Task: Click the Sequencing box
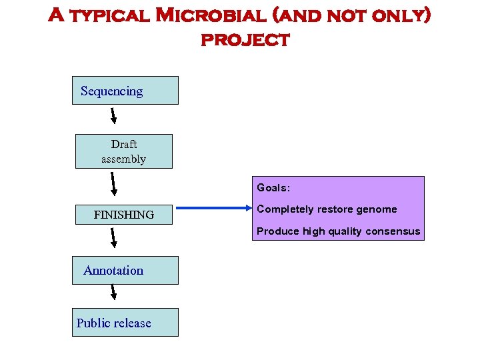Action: point(125,91)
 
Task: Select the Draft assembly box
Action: point(123,151)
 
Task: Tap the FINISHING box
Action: point(123,214)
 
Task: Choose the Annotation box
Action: point(125,270)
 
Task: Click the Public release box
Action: point(125,323)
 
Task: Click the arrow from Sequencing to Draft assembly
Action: point(113,115)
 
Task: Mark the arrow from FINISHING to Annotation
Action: point(113,239)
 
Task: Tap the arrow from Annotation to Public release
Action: point(113,292)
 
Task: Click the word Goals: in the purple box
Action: point(273,188)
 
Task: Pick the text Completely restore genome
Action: point(327,209)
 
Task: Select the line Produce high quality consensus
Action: point(339,231)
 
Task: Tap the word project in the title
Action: point(245,39)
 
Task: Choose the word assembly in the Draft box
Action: point(123,159)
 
